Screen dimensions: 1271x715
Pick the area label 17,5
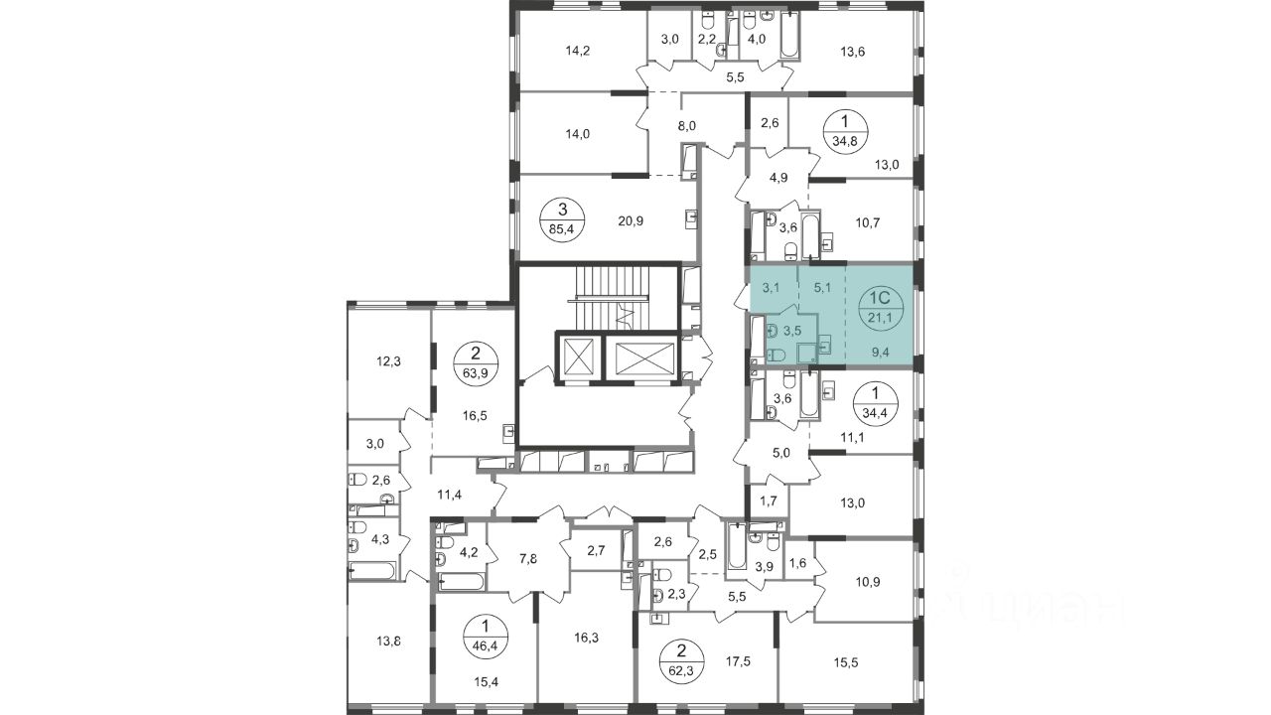click(738, 660)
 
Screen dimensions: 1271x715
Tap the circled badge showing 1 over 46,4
click(487, 638)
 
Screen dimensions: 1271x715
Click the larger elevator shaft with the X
click(642, 357)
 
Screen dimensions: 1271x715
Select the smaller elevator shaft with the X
click(578, 357)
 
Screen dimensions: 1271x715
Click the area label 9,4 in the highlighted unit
click(880, 353)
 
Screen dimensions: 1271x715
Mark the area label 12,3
click(388, 360)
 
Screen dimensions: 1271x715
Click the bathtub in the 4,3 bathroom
click(372, 571)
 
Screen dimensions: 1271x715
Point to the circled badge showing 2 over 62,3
click(682, 661)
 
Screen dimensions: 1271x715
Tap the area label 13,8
click(388, 642)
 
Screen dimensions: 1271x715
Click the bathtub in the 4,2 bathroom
click(462, 582)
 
